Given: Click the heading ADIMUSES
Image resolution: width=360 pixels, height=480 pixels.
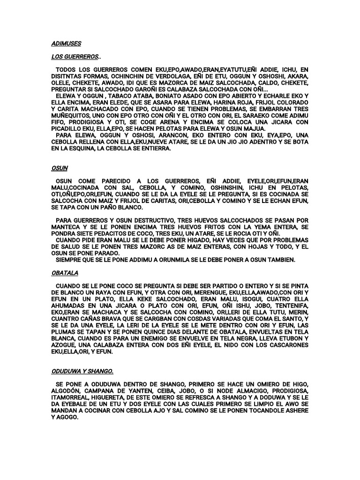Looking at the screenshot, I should coord(66,44).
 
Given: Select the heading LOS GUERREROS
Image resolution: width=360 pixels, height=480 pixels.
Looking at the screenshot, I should coord(75,57).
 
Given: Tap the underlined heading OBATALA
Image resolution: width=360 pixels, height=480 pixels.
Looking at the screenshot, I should coord(64,272).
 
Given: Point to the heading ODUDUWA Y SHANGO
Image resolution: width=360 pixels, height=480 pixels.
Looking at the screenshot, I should coord(82,371).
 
